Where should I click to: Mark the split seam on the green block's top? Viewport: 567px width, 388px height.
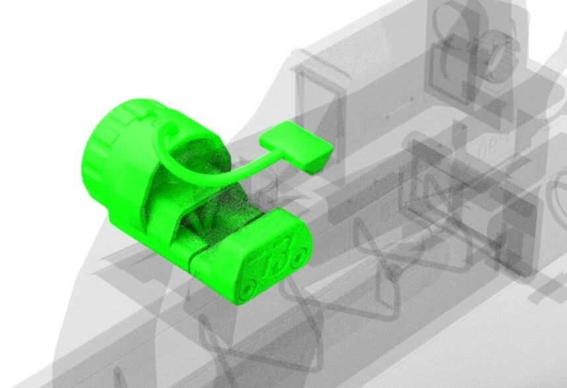[193, 258]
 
